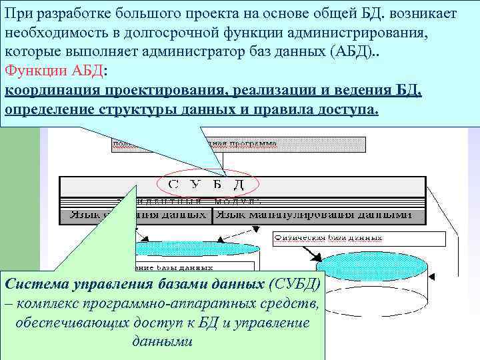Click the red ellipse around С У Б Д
click(206, 184)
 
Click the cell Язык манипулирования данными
click(317, 215)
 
